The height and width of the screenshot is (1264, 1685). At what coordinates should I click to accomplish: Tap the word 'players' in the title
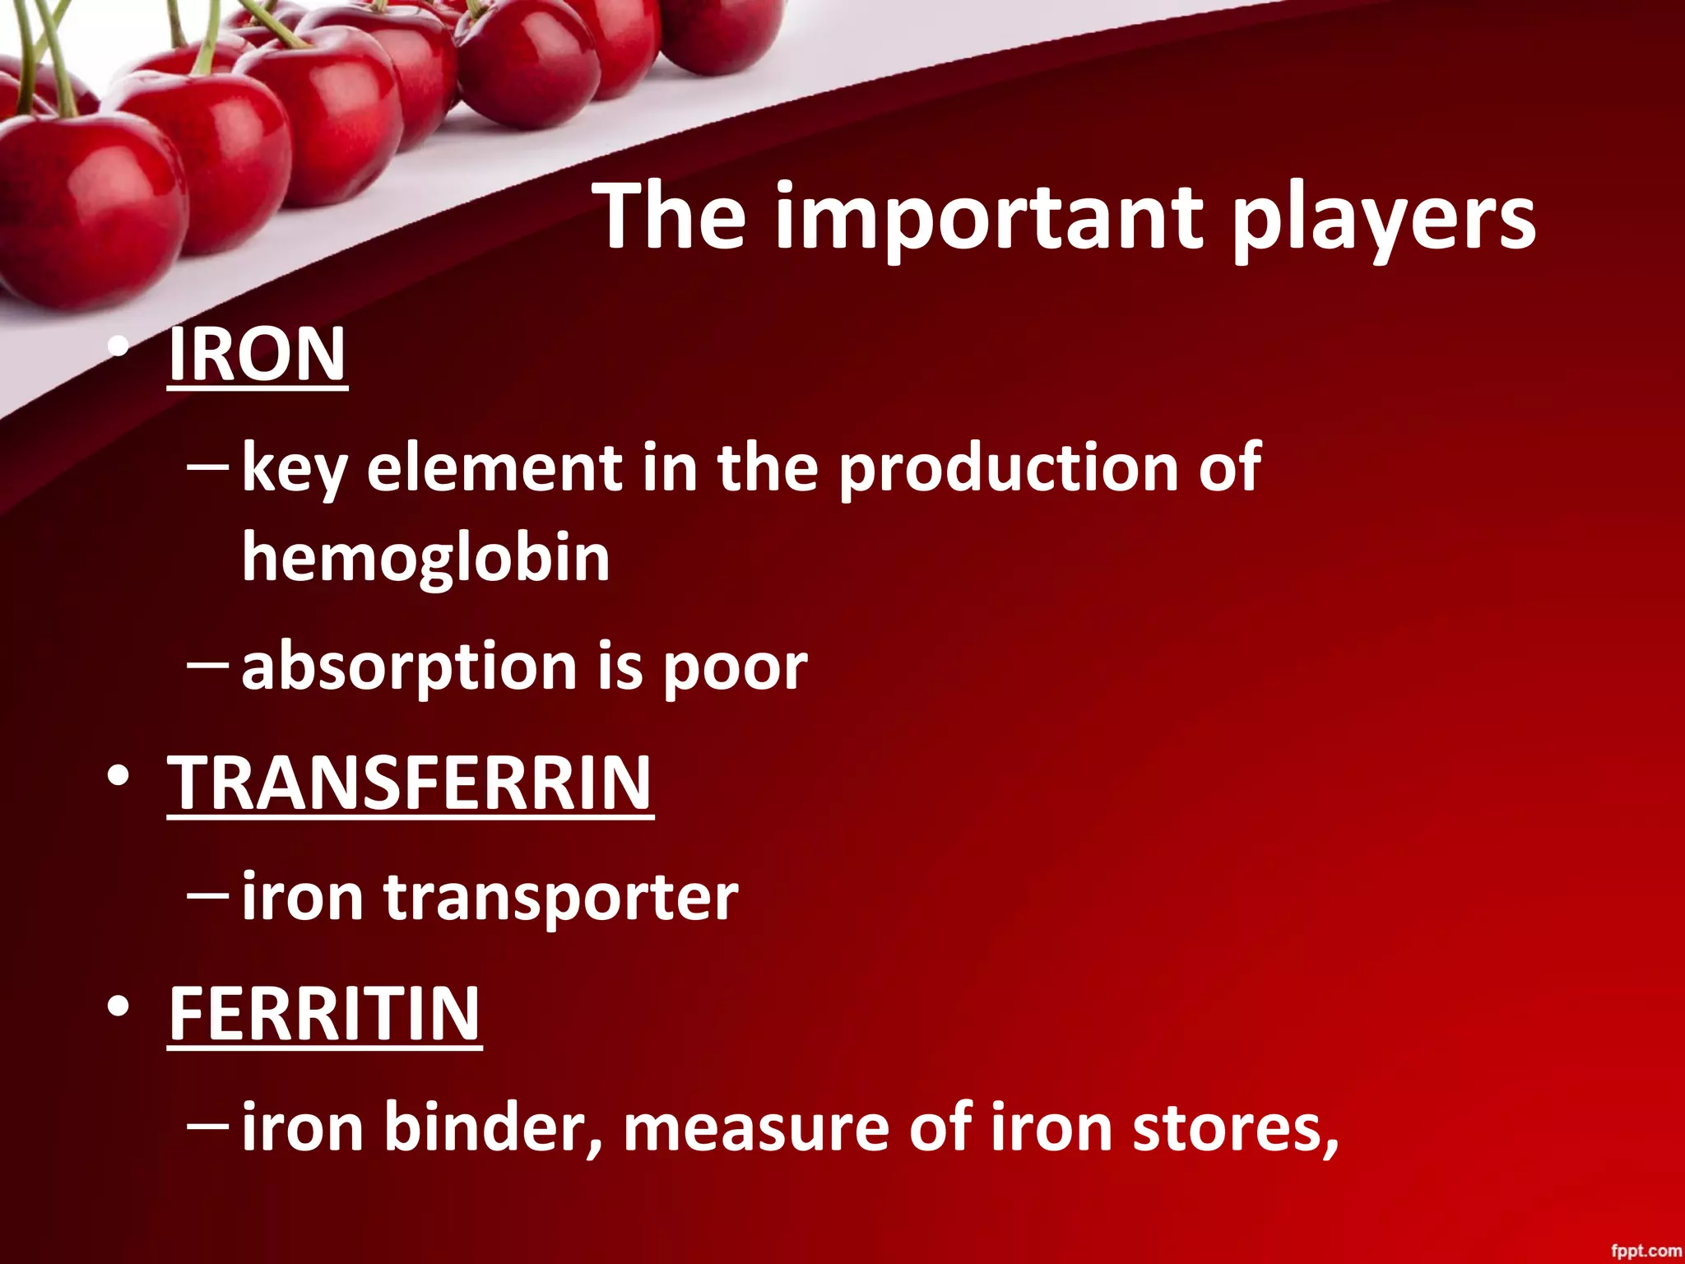[1383, 218]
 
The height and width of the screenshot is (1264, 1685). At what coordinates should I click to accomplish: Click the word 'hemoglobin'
[425, 558]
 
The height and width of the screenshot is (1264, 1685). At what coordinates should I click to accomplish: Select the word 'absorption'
[409, 667]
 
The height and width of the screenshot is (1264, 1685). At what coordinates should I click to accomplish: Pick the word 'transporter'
[560, 897]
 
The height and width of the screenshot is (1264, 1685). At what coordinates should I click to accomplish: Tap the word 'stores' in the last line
[1234, 1127]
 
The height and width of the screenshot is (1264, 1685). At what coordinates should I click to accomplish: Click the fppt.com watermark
[1645, 1250]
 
